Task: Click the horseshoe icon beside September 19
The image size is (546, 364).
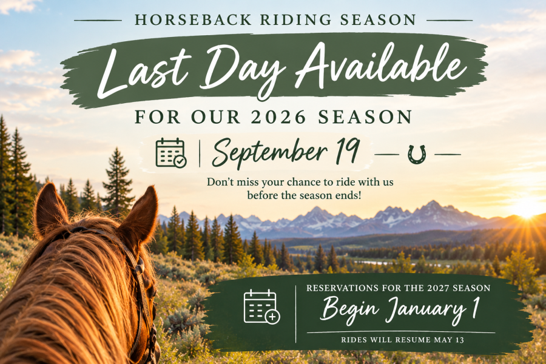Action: point(417,154)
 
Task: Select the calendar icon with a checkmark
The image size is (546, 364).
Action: point(171,152)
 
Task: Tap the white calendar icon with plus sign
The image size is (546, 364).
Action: point(261,306)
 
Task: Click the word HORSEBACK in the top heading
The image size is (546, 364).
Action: point(194,20)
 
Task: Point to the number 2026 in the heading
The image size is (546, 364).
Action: point(278,116)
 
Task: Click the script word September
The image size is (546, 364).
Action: point(270,152)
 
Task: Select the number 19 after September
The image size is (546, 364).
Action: point(348,150)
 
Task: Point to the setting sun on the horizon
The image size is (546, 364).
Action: point(528,207)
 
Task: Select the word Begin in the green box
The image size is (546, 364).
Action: point(349,309)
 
